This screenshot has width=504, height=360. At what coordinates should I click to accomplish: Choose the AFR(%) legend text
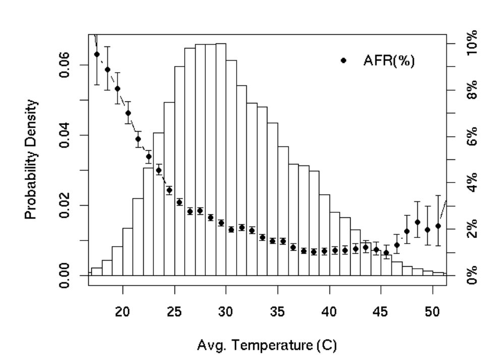389,60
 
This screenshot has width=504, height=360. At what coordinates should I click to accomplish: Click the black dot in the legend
344,60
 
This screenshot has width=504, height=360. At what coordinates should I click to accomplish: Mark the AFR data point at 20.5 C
128,113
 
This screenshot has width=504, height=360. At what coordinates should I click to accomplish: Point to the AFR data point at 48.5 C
417,222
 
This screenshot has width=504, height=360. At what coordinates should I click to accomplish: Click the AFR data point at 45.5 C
386,253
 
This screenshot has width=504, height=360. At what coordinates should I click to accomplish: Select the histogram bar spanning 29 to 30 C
220,161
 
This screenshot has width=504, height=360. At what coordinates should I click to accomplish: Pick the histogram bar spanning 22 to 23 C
148,222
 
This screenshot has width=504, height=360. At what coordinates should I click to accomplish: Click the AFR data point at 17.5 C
97,54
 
